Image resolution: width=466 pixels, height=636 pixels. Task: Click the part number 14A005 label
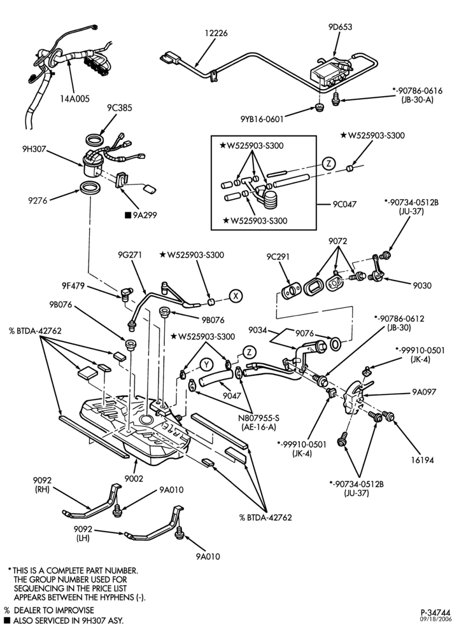tap(74, 99)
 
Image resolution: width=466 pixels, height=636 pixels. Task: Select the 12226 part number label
tap(216, 33)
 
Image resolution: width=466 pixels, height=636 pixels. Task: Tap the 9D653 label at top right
tap(340, 27)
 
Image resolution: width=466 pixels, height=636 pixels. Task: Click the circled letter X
tap(236, 296)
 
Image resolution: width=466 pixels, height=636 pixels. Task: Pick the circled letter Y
tap(207, 364)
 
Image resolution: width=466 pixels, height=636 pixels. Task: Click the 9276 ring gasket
tap(90, 188)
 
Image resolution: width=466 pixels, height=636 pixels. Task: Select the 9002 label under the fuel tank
tap(134, 479)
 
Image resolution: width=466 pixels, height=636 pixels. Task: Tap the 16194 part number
tap(421, 460)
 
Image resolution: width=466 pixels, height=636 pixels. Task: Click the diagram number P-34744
tap(435, 612)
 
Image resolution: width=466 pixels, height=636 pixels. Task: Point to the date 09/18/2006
tap(435, 619)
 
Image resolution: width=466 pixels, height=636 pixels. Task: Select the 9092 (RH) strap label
tap(42, 485)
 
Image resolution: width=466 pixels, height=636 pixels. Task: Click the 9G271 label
tap(130, 255)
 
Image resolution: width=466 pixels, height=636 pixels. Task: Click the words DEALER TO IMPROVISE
tap(53, 610)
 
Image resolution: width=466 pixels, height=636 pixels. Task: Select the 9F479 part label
tap(73, 286)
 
